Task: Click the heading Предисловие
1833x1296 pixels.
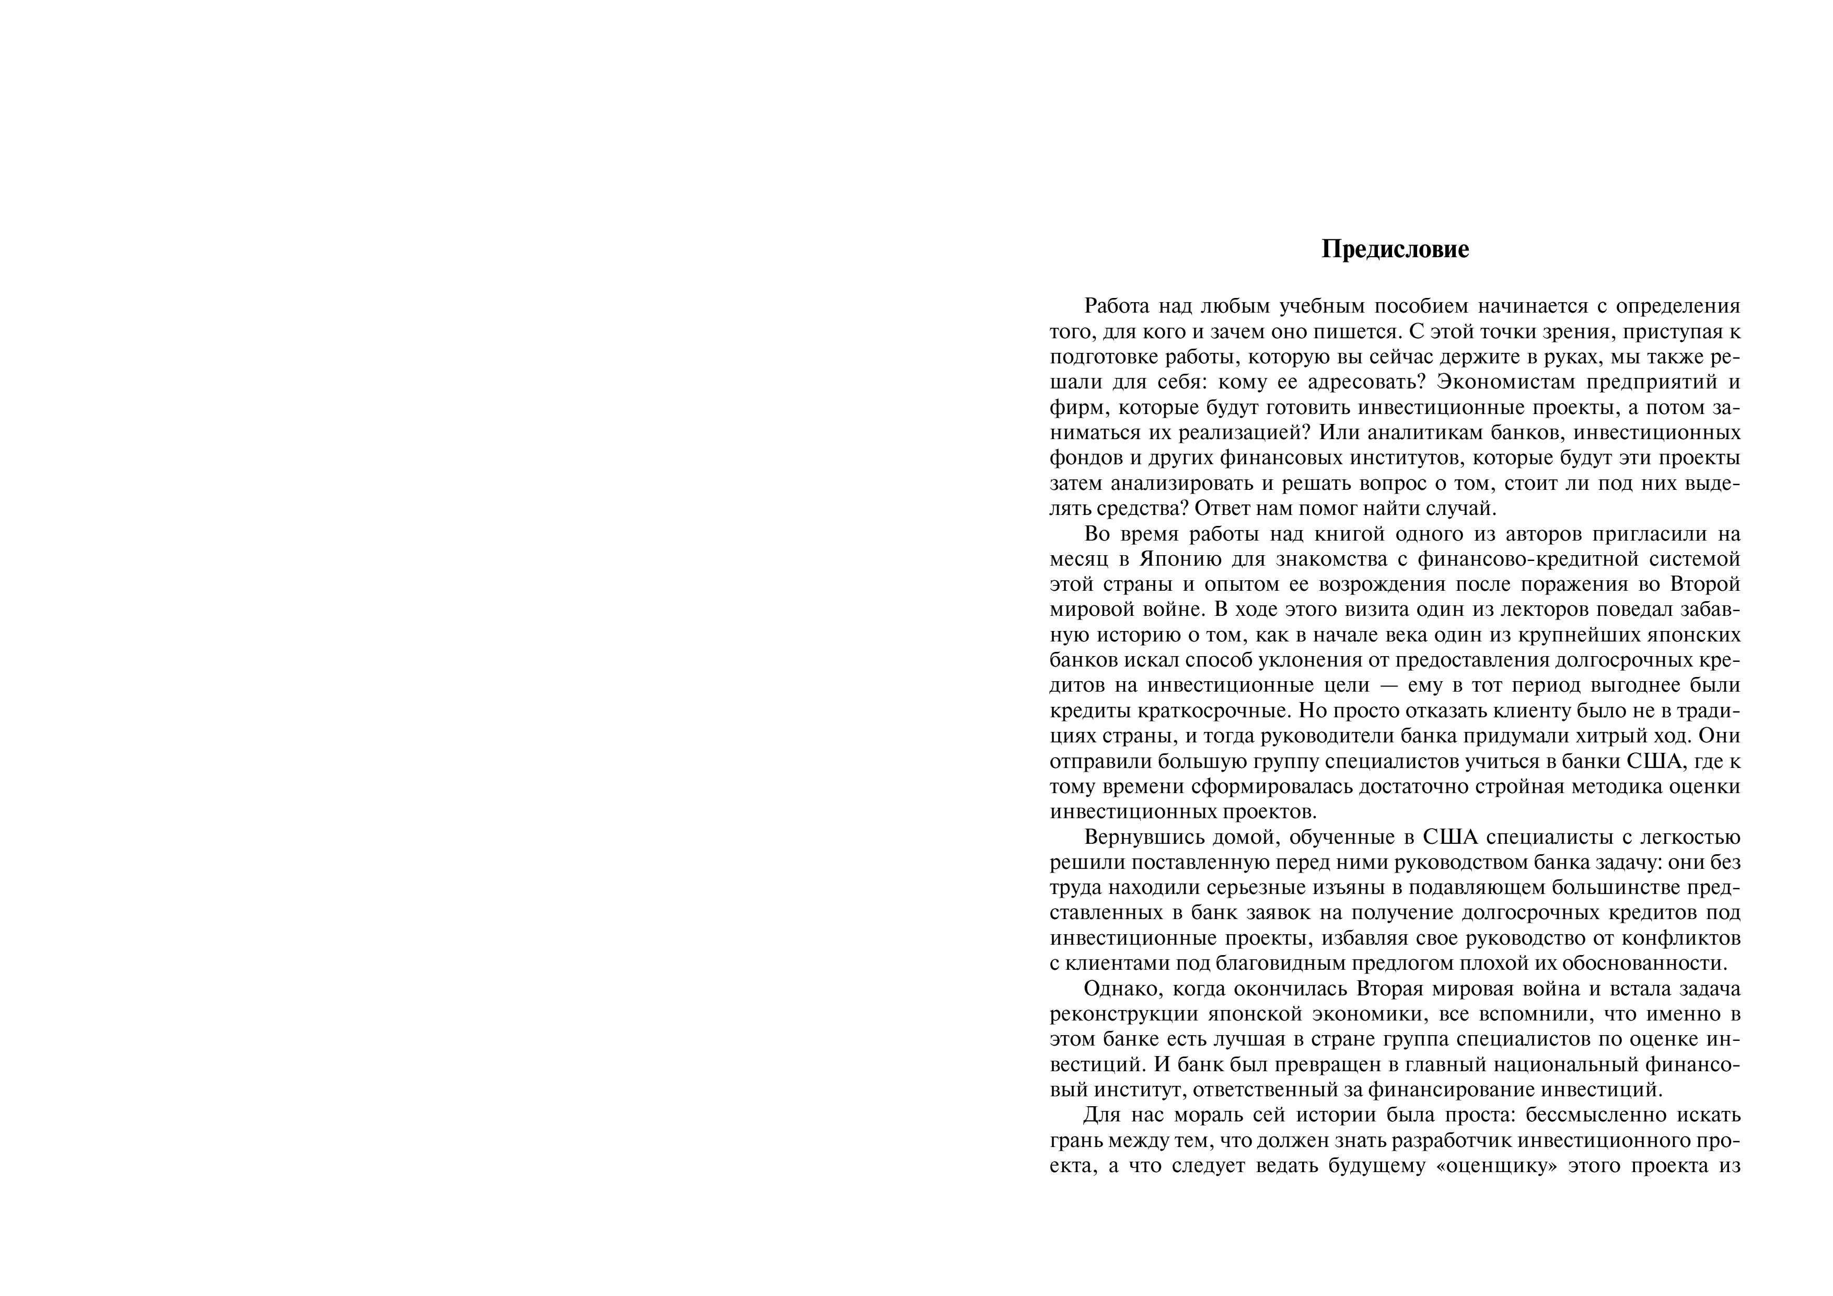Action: (1395, 250)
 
